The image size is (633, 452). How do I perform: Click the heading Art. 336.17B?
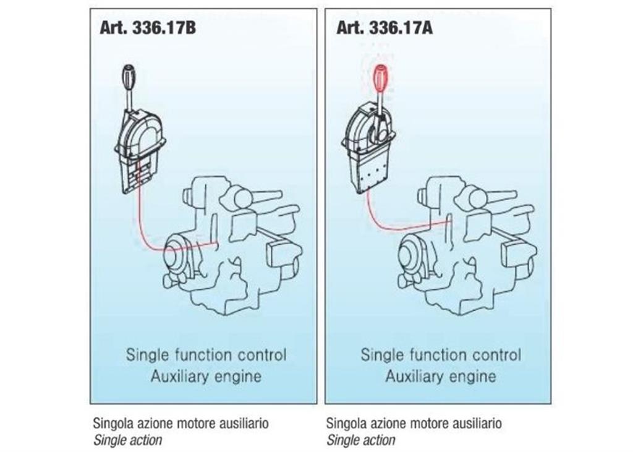point(148,28)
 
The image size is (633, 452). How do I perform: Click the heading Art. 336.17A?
point(384,28)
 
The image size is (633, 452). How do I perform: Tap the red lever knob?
point(381,78)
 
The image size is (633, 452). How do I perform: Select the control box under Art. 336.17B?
point(140,150)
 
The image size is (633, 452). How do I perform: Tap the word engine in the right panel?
point(472,377)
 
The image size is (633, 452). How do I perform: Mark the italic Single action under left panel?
point(127,440)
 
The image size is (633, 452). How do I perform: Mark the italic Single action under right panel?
point(360,440)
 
